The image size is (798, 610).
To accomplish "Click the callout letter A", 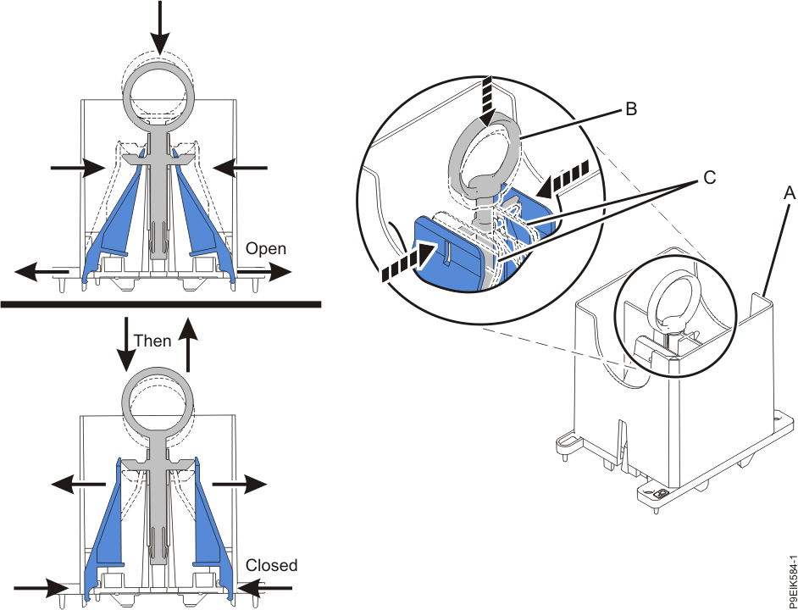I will pos(790,193).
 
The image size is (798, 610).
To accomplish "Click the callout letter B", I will pos(630,108).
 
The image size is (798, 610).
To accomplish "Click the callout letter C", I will pos(708,178).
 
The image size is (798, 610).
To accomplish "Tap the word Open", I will pos(266,249).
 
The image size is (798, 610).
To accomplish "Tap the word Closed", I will pos(272,565).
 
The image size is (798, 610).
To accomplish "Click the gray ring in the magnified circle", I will pos(491,149).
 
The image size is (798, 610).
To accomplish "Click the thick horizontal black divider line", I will pos(161,303).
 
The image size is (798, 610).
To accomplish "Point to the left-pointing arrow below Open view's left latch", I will pos(41,273).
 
